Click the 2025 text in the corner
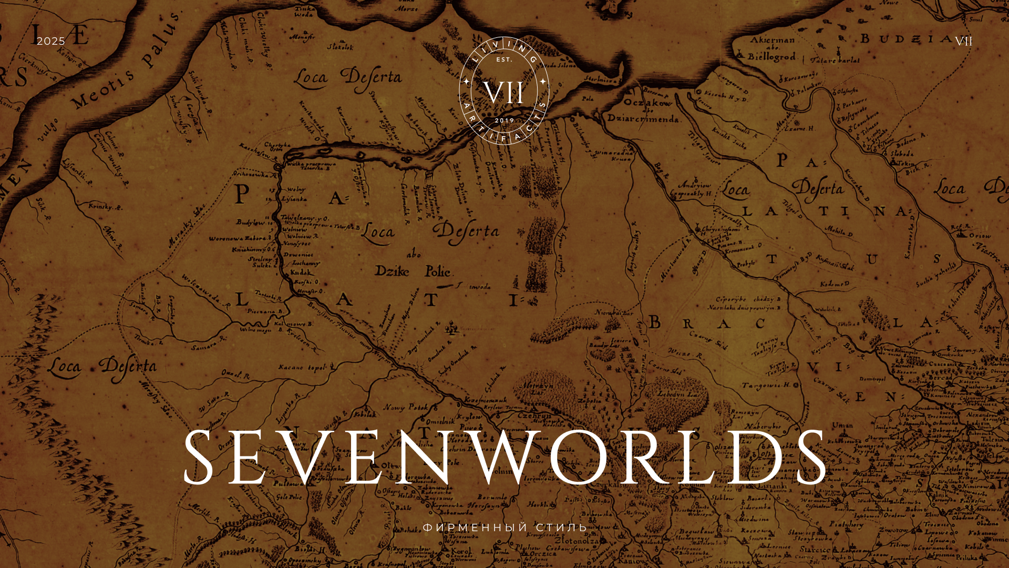click(50, 41)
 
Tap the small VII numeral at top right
click(963, 41)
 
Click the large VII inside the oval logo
click(503, 93)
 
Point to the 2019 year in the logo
click(504, 120)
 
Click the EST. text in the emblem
click(504, 60)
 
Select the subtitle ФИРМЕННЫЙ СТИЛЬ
click(504, 527)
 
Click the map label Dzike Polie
click(413, 271)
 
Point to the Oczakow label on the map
click(647, 103)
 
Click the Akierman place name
click(772, 40)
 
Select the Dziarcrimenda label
click(643, 118)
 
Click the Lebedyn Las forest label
click(678, 394)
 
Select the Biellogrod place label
click(771, 57)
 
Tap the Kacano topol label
click(302, 368)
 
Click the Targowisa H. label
click(766, 386)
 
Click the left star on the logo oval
click(466, 82)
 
